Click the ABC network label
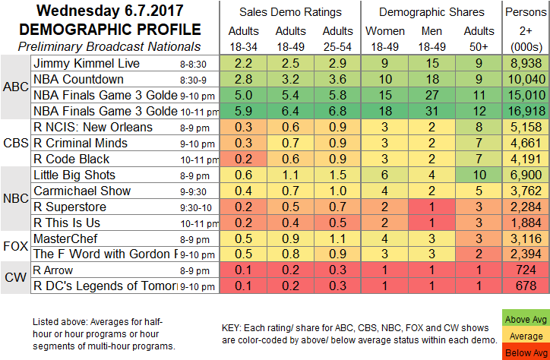[x=17, y=87]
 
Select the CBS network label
[x=17, y=144]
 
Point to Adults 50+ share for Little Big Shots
[x=477, y=174]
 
